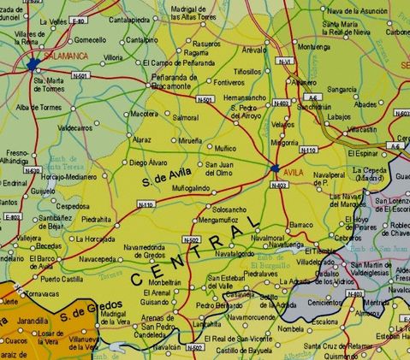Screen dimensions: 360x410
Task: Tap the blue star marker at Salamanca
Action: pyautogui.click(x=33, y=64)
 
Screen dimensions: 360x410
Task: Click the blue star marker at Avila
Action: pyautogui.click(x=276, y=168)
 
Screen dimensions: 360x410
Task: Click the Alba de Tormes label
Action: pyautogui.click(x=36, y=107)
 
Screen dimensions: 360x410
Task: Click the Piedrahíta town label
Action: pyautogui.click(x=102, y=218)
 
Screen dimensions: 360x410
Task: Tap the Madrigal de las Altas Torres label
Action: pyautogui.click(x=205, y=12)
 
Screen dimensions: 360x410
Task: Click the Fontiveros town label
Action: pyautogui.click(x=229, y=82)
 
